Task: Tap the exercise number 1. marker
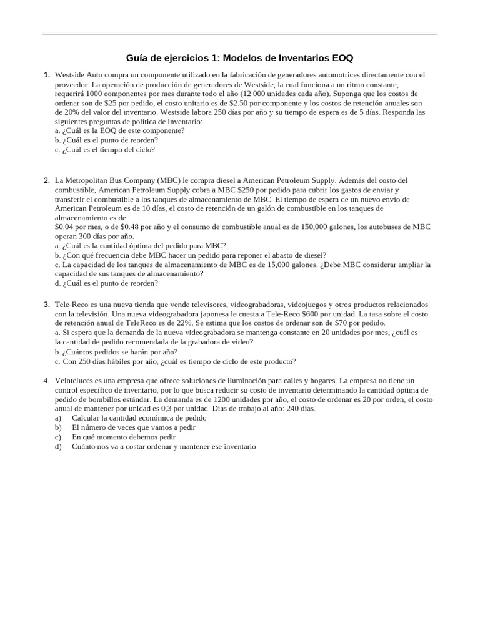[46, 75]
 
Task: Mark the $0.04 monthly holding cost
[65, 227]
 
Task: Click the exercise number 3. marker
[46, 305]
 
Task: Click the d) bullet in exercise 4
[58, 446]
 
